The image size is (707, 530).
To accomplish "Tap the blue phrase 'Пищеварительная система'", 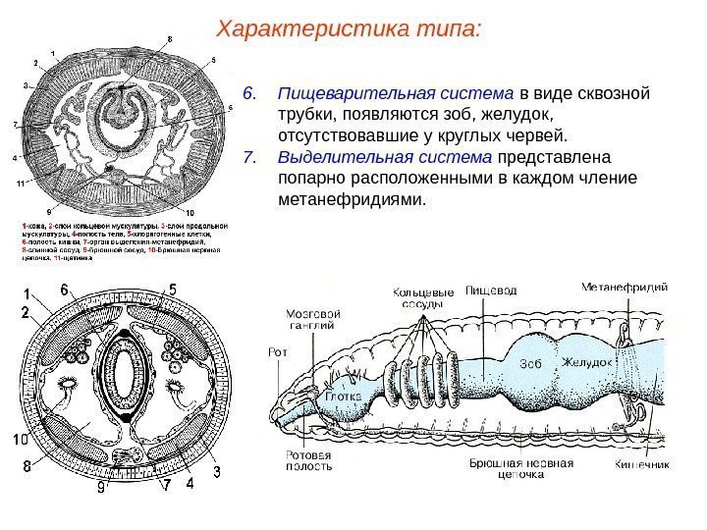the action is (x=396, y=95).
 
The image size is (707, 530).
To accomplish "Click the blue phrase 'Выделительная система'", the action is (x=387, y=158).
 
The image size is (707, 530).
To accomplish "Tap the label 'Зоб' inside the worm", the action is (x=531, y=362).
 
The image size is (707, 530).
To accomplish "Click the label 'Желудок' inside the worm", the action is (x=587, y=362).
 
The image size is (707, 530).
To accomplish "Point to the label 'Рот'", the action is (x=275, y=350).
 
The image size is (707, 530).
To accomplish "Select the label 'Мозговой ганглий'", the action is (x=311, y=320).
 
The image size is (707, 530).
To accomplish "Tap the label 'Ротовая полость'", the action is (x=307, y=461).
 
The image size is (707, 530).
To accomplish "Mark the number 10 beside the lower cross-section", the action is (x=20, y=439).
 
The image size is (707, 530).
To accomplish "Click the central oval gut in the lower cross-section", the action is (x=126, y=374).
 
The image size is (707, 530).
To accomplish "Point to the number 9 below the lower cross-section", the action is (x=100, y=488).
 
